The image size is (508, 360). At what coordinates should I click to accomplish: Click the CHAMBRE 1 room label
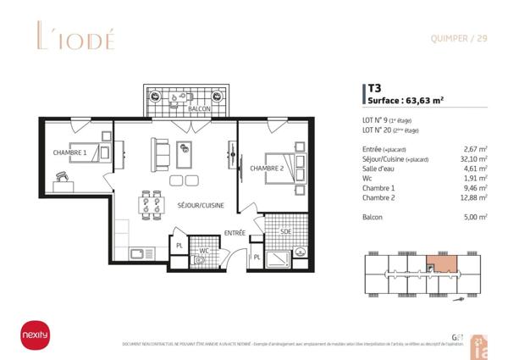(69, 152)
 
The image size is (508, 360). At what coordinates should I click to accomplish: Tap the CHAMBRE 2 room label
(267, 168)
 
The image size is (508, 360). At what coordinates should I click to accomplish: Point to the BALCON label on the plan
(200, 110)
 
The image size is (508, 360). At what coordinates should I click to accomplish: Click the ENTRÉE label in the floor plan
(235, 232)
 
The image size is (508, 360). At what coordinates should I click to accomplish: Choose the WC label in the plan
(204, 251)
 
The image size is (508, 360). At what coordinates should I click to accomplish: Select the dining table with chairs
(152, 203)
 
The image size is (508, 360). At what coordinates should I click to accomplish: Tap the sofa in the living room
(158, 154)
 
